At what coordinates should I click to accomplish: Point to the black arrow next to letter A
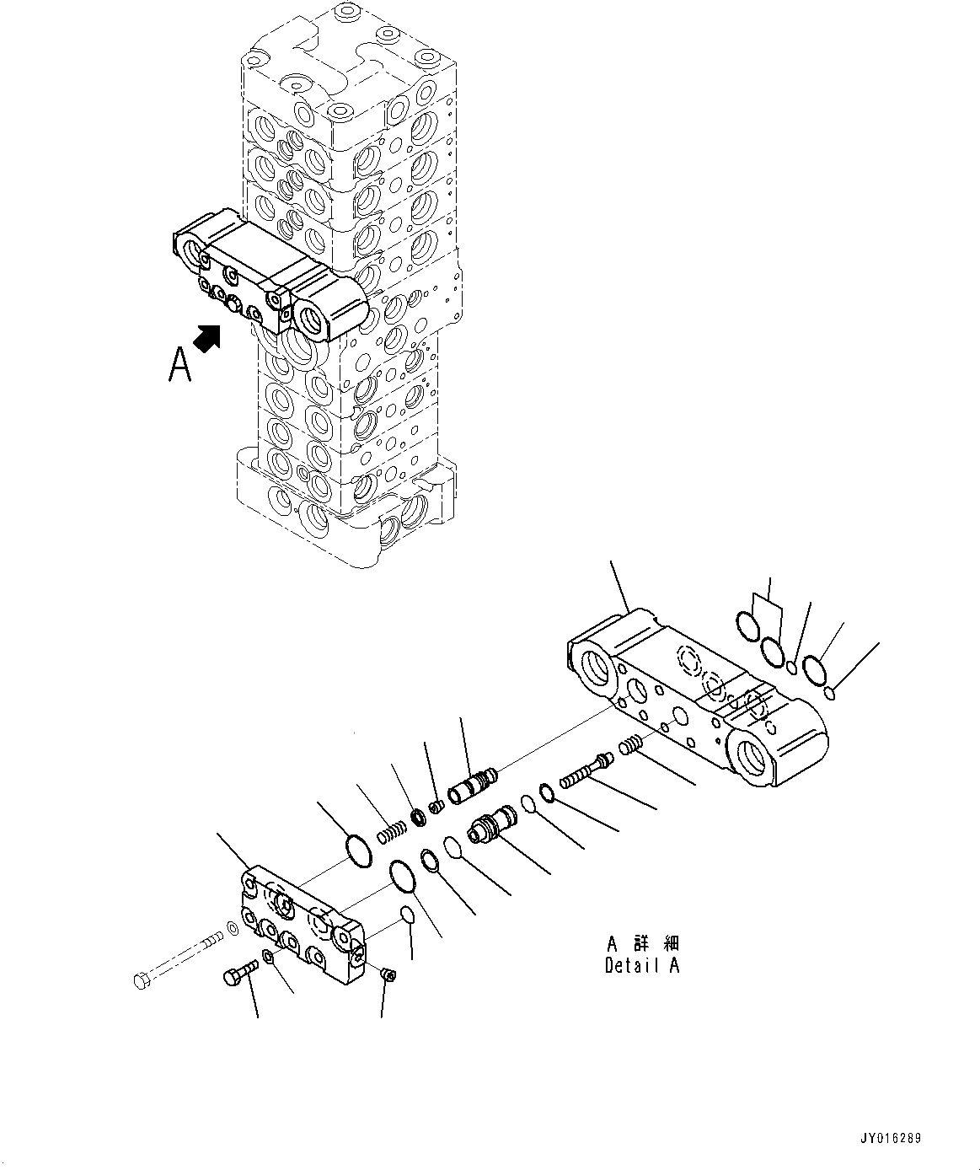(208, 338)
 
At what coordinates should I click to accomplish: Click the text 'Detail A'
(641, 966)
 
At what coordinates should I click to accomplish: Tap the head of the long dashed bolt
(141, 979)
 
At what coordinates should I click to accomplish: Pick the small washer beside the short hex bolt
(267, 956)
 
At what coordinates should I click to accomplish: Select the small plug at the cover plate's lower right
(388, 974)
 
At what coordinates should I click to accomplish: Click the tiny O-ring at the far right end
(830, 694)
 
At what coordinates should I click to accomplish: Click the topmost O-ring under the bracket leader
(746, 625)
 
